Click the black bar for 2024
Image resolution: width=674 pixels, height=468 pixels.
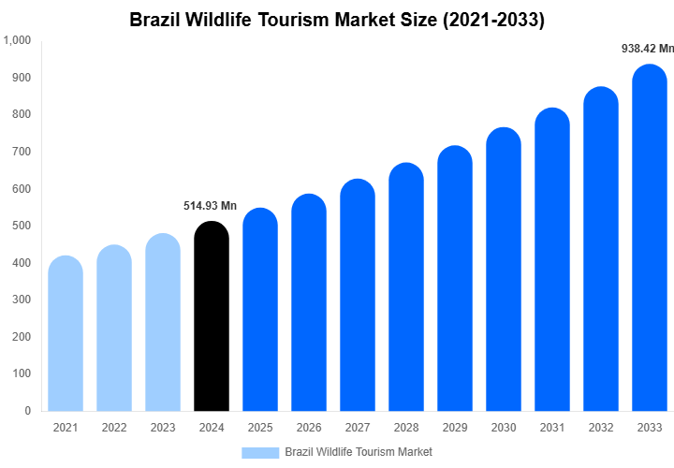coord(211,318)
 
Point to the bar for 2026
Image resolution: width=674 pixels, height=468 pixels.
coord(308,303)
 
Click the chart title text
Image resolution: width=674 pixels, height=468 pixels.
coord(337,19)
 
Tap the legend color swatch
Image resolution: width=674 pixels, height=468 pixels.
coord(260,452)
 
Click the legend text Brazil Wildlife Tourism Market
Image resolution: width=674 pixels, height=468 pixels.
coord(359,452)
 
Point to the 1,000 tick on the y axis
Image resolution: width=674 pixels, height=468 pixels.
coord(17,40)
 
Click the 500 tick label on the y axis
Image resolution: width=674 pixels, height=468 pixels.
coord(21,226)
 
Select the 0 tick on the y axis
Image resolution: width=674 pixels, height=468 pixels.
coord(27,410)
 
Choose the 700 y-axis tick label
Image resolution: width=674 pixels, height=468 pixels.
coord(21,152)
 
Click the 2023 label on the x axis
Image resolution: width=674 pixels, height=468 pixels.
coord(163,428)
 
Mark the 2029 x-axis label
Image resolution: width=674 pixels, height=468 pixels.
coord(454,428)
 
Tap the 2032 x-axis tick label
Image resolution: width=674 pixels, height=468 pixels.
coord(600,428)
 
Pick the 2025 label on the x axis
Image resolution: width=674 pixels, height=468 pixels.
coord(260,428)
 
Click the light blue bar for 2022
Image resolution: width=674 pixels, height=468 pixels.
coord(114,329)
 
